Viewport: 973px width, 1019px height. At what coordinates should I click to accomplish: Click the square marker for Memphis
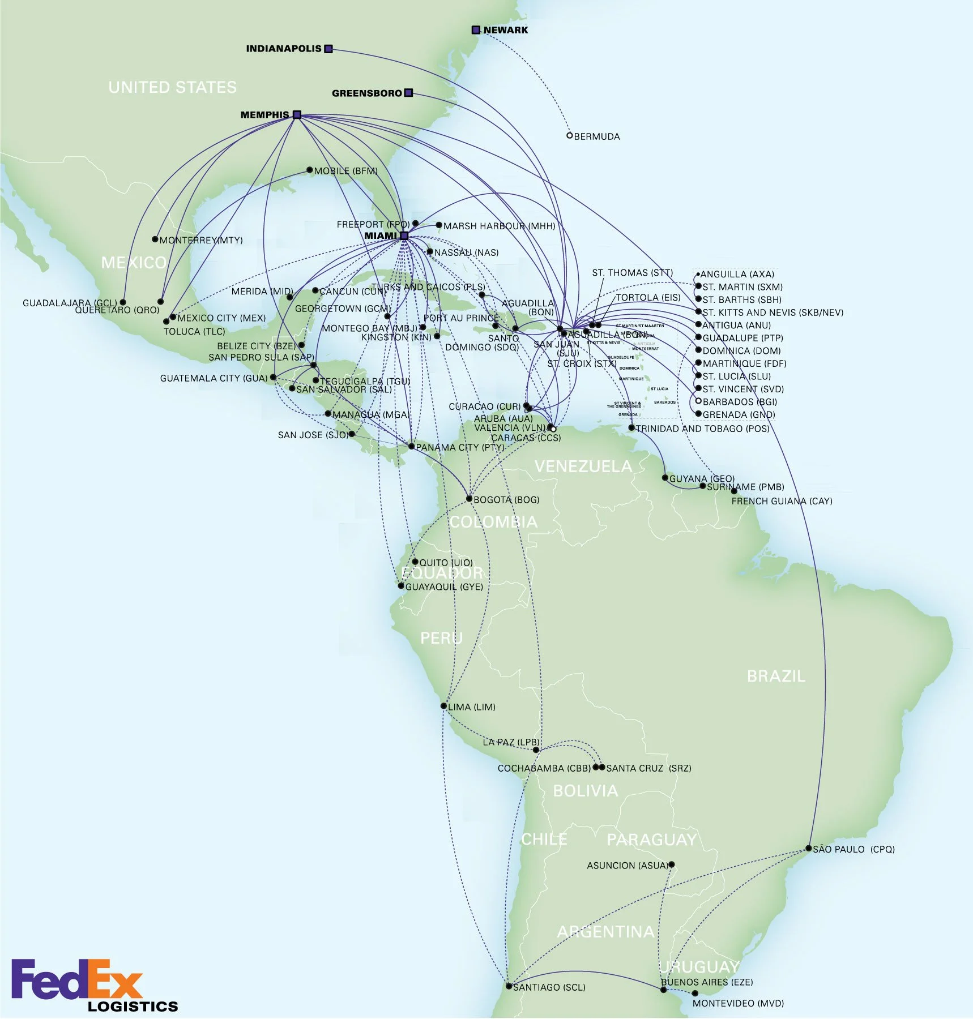[297, 114]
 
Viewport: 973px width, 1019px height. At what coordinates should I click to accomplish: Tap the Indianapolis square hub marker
[328, 49]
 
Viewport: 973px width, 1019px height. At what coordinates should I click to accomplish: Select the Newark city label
[505, 30]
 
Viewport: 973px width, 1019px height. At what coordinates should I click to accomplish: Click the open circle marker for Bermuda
[570, 135]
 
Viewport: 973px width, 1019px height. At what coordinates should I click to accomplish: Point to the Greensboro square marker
[409, 93]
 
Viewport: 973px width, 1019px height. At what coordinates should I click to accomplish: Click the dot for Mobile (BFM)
[309, 170]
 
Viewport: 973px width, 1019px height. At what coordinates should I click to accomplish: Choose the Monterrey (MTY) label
[201, 241]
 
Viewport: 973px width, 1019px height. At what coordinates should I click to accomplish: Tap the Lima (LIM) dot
[443, 706]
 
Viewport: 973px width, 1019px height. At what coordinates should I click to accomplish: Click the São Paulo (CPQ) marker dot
[809, 849]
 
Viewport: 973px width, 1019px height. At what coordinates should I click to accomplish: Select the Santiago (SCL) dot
[509, 986]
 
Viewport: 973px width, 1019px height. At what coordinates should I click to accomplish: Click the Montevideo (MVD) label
[738, 1004]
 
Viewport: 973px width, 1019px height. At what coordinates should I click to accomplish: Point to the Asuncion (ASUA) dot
[672, 864]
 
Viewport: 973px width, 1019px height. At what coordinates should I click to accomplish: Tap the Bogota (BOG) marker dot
[469, 499]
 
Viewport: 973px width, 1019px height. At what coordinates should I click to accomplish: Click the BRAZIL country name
[776, 676]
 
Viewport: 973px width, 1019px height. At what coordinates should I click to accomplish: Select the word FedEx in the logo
[76, 979]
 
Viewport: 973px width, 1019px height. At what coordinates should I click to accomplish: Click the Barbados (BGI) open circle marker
[698, 401]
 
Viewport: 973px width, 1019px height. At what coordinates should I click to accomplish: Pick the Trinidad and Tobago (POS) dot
[631, 428]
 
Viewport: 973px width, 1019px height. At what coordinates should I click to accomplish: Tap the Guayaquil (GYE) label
[444, 587]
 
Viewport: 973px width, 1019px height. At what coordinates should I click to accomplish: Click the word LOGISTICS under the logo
[133, 1007]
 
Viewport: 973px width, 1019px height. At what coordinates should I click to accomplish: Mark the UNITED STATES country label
[172, 87]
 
